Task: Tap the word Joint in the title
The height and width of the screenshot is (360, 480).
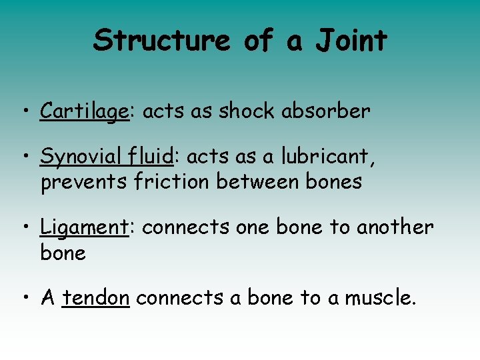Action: tap(351, 41)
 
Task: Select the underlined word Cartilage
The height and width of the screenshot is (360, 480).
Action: tap(84, 111)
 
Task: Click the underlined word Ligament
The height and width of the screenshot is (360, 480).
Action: tap(84, 228)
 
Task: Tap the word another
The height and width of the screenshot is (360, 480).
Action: tap(395, 227)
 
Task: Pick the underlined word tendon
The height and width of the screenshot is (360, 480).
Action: tap(96, 299)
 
